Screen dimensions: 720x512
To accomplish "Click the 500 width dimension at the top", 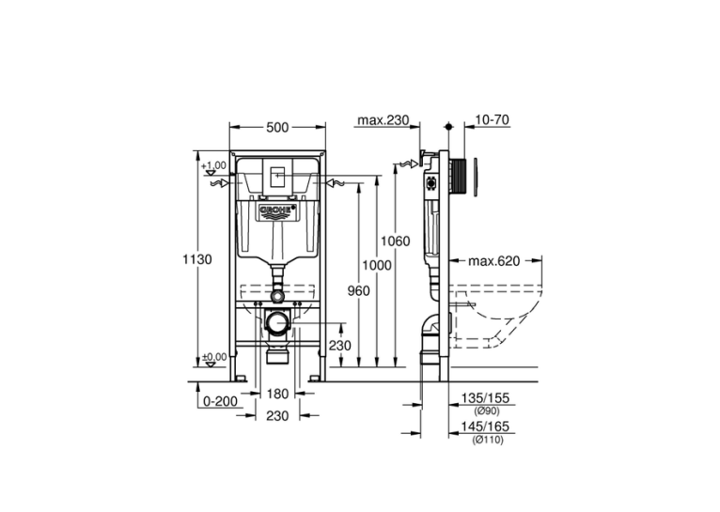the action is point(277,127).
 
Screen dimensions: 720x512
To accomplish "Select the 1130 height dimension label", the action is point(197,259).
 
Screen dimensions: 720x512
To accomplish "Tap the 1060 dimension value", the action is point(396,240).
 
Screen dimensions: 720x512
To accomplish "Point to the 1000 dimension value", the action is point(377,265).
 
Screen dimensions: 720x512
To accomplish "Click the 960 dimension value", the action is point(358,291).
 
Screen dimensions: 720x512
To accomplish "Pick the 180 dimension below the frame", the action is point(277,394).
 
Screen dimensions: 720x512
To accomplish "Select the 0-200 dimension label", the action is point(220,402).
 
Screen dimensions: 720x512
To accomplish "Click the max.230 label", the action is point(383,120).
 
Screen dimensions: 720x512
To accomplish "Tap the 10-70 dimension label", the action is point(492,119).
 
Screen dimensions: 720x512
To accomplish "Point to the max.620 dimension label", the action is point(494,261).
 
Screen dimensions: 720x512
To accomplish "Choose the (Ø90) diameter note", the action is point(487,411).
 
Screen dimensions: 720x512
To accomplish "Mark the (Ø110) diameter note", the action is point(488,440).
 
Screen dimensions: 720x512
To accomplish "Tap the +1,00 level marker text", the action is point(214,165).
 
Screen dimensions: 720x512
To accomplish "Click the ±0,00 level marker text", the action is point(214,357).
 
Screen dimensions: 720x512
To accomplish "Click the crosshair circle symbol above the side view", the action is point(449,126).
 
